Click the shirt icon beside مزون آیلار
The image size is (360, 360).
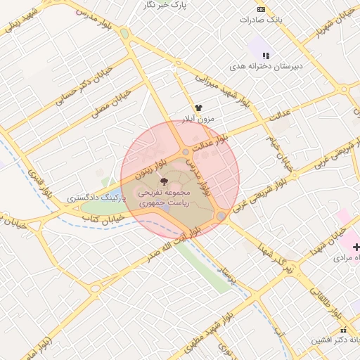point(199,108)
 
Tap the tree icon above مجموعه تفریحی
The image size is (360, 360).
point(165,181)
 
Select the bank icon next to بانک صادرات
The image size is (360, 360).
point(262,9)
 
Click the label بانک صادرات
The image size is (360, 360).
point(262,20)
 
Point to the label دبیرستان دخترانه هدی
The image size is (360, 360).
point(267,67)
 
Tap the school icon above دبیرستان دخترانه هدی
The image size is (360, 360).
point(265,56)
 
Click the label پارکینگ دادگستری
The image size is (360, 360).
point(96,199)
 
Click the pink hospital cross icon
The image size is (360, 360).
point(356,247)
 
